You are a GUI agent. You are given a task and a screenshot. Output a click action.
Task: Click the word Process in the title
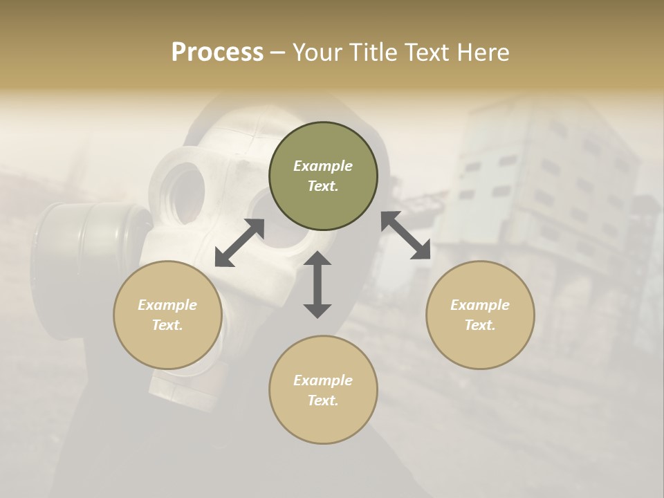217,53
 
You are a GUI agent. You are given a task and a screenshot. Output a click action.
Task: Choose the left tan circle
167,315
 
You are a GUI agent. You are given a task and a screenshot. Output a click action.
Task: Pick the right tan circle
480,315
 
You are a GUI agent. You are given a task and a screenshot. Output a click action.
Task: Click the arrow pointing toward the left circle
239,243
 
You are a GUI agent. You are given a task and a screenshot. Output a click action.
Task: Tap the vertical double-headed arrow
317,284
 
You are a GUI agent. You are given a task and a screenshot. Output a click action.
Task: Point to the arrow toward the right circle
406,235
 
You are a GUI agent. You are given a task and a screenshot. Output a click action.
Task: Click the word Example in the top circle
323,166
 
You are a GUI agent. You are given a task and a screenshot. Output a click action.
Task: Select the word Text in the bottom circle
322,400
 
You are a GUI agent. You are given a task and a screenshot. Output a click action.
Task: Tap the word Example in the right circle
480,305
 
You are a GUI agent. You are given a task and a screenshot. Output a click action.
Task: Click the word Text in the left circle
167,325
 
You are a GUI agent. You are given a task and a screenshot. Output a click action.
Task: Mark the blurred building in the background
546,187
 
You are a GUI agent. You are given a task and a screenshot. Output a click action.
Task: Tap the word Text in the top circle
322,186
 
